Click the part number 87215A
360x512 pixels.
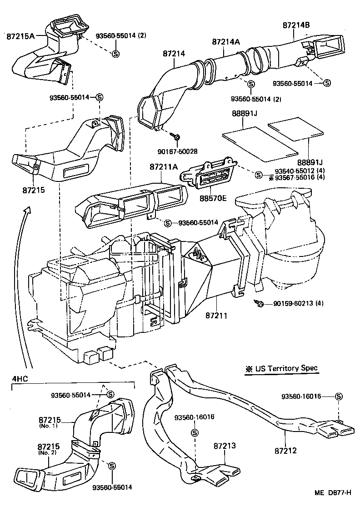tap(20, 35)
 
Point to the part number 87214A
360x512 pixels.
tap(225, 42)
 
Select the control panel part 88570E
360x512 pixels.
tap(209, 175)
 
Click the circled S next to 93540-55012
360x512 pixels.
tap(259, 175)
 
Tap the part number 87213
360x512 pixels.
tap(225, 446)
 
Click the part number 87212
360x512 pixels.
tap(285, 451)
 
